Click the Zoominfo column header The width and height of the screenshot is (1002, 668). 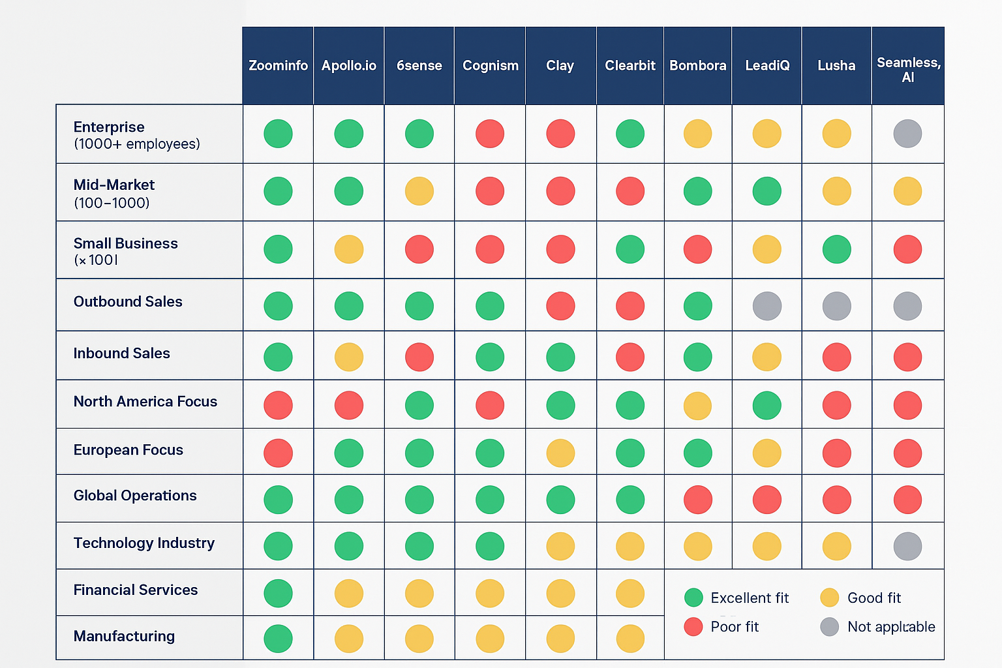[278, 66]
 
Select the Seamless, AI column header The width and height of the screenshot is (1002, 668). [908, 70]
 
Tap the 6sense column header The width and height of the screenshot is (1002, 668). [419, 66]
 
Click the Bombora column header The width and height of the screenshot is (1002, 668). [697, 66]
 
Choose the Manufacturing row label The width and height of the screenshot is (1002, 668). [124, 636]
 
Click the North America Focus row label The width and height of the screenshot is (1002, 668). [145, 402]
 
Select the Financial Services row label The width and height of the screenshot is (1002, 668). [135, 590]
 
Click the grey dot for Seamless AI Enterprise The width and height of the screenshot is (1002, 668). [907, 134]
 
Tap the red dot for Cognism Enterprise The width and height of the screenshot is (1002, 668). [490, 134]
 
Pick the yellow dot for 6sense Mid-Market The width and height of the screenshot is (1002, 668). [419, 192]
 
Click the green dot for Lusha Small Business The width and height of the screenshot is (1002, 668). [836, 249]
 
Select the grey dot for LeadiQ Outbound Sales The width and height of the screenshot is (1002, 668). [767, 306]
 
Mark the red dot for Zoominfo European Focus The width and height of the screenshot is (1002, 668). [278, 453]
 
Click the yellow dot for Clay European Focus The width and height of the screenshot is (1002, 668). [560, 453]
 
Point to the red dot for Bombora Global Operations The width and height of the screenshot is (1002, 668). [697, 500]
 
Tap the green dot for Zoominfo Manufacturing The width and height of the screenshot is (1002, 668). [278, 639]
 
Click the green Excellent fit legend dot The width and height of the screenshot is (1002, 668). [693, 598]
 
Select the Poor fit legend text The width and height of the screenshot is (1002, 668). [735, 627]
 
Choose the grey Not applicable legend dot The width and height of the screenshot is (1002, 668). [829, 627]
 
